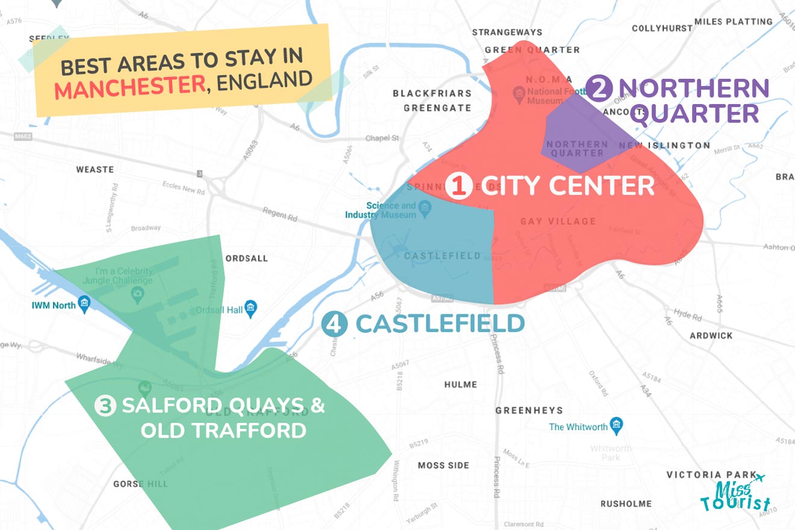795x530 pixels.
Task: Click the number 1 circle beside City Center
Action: click(460, 186)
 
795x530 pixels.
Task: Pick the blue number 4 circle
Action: click(334, 325)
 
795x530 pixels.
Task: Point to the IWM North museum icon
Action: click(84, 305)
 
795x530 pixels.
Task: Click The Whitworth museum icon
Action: click(616, 426)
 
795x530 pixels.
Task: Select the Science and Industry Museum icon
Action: click(425, 208)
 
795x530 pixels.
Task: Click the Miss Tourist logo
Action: click(735, 494)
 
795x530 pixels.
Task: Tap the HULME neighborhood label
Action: click(461, 384)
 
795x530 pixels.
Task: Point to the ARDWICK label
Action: click(711, 335)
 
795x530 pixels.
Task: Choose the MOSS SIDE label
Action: click(444, 465)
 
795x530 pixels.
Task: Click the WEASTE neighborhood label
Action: click(95, 169)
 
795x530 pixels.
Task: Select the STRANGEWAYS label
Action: click(507, 32)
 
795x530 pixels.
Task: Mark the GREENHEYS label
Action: click(529, 410)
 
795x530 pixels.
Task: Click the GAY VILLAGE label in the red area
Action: click(558, 222)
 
